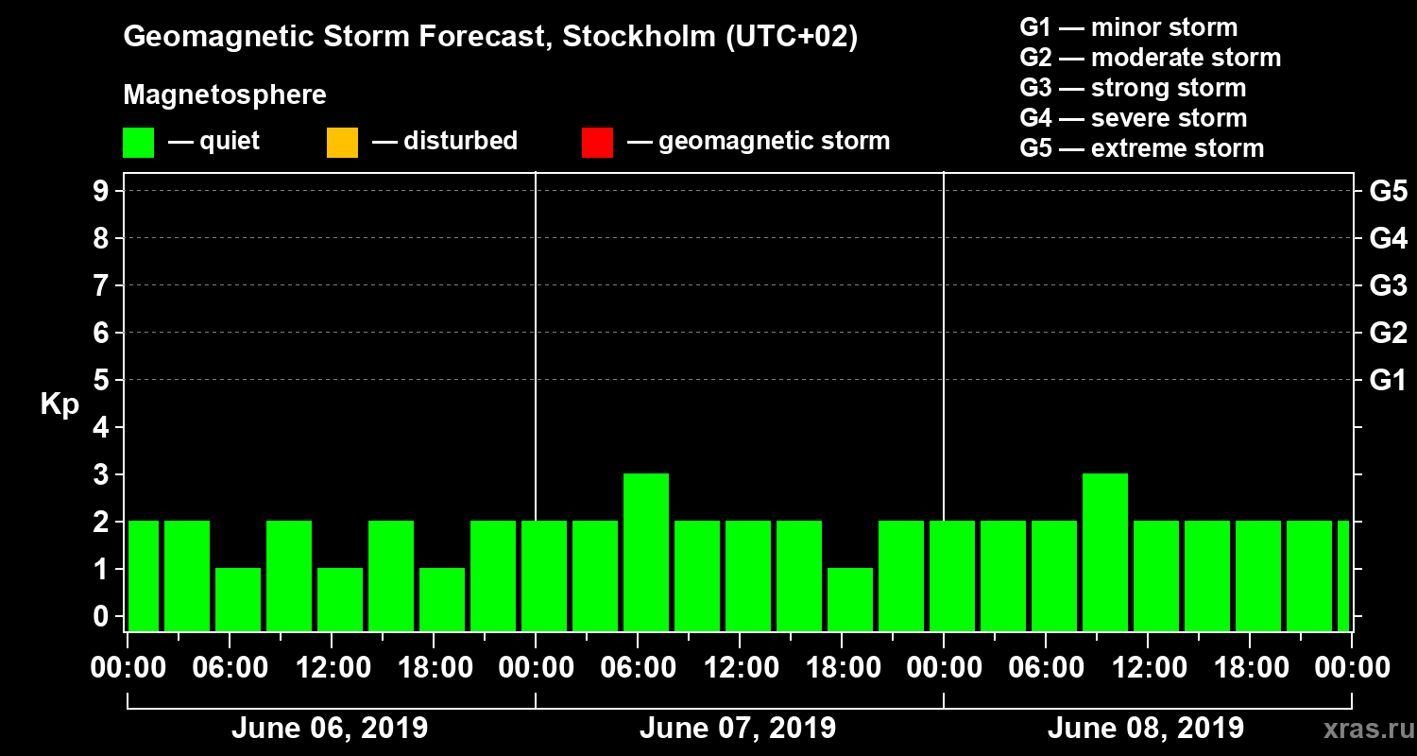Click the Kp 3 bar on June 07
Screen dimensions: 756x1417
tap(646, 552)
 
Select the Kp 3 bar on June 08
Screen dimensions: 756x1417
tap(1105, 552)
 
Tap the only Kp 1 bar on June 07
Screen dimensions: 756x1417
tap(850, 599)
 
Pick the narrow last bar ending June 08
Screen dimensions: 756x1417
tap(1343, 576)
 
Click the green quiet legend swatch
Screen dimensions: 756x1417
tap(138, 143)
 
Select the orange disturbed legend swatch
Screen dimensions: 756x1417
tap(342, 143)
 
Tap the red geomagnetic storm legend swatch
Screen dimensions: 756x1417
tap(597, 143)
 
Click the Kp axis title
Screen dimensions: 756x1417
tap(60, 404)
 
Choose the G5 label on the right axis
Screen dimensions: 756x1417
tap(1388, 192)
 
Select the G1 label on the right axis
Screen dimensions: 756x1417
tap(1388, 381)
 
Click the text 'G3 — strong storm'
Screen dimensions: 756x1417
tap(1133, 88)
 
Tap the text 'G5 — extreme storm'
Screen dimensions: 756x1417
tap(1141, 148)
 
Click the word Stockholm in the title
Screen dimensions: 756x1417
tap(638, 38)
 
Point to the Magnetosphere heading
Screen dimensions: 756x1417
tap(225, 95)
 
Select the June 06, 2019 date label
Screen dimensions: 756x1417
tap(329, 729)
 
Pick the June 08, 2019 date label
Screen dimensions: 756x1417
tap(1146, 729)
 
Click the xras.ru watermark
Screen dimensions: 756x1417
tap(1361, 729)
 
